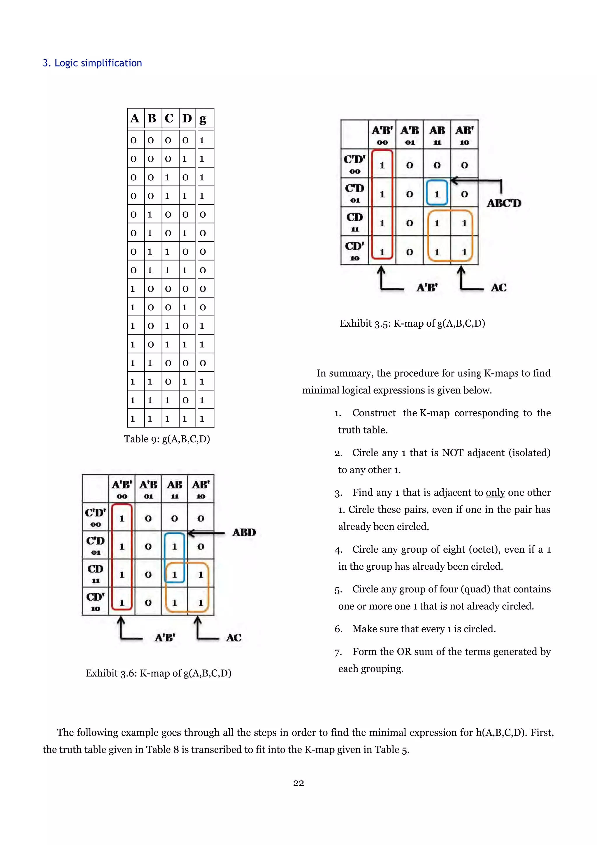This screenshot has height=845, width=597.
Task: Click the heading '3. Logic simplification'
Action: tap(92, 63)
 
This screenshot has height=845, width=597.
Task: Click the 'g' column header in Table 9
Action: tap(202, 118)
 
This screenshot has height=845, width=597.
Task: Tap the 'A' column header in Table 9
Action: tap(135, 118)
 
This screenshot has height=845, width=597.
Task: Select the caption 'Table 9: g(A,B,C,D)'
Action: tap(167, 439)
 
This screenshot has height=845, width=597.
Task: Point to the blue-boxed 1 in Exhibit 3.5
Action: tap(437, 194)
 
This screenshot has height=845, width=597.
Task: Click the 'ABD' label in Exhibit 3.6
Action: tap(244, 532)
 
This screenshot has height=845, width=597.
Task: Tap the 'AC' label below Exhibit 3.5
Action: tap(498, 287)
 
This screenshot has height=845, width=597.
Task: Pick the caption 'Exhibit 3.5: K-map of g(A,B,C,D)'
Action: tap(412, 323)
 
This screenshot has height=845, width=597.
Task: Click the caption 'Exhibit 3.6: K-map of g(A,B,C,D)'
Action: tap(158, 673)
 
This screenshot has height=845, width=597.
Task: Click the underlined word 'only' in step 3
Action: tap(495, 492)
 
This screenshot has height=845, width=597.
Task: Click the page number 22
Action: tap(298, 783)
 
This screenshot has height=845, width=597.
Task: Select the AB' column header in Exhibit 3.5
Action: tap(464, 135)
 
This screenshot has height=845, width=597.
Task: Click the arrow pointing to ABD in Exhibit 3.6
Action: tap(206, 533)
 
